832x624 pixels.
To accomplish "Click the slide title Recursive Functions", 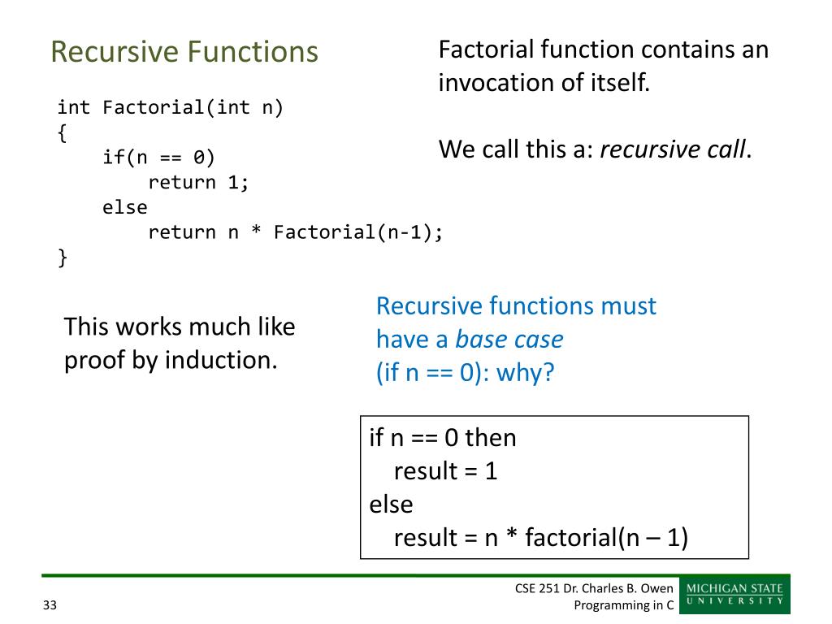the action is click(x=184, y=52).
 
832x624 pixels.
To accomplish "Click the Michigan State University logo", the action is click(x=735, y=595).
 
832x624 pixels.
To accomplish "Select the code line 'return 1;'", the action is click(x=198, y=182).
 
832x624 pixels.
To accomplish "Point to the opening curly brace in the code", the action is click(x=62, y=132).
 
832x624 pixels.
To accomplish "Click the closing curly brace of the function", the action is click(x=62, y=258).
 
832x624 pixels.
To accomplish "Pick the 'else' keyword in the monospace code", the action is click(x=125, y=207).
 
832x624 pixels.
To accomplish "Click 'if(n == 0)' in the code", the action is click(x=158, y=157).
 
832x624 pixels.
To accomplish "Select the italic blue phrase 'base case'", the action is click(x=509, y=339).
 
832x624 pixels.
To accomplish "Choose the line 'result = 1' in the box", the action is click(x=445, y=471).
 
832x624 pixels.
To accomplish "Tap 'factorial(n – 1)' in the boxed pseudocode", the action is click(x=606, y=538).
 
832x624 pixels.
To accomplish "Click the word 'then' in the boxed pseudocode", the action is click(x=490, y=438).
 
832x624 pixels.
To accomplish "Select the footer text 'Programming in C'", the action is click(x=624, y=604).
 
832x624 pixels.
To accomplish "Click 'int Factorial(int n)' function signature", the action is click(x=171, y=107).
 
